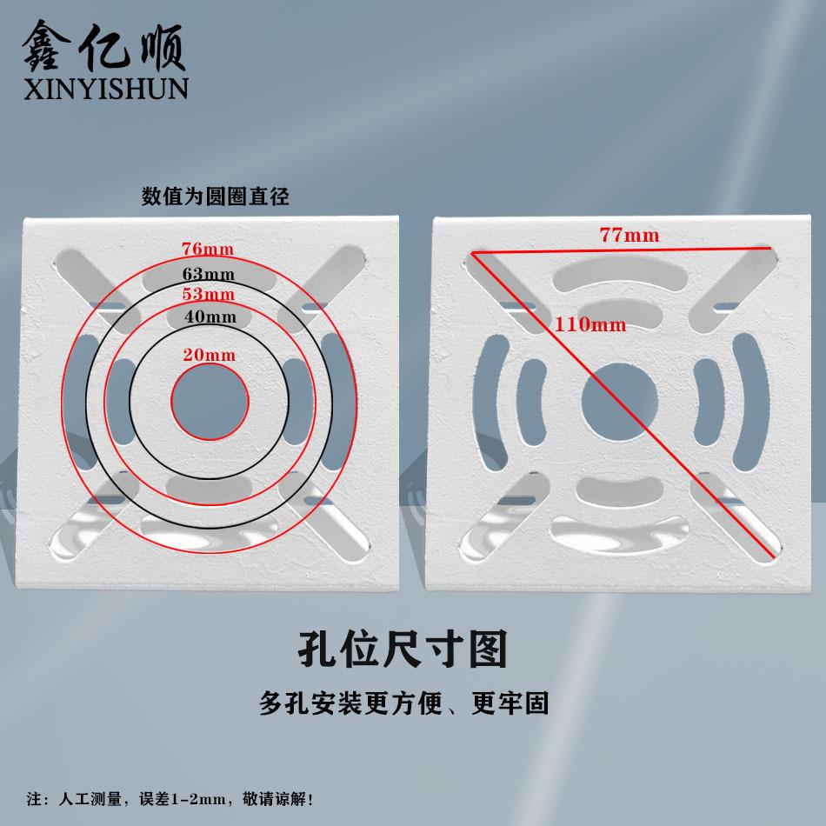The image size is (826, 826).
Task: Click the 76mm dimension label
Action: pyautogui.click(x=208, y=249)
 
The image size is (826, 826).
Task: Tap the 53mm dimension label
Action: pyautogui.click(x=208, y=294)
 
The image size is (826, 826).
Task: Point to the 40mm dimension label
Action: pyautogui.click(x=210, y=316)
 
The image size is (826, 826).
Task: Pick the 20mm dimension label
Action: pyautogui.click(x=209, y=355)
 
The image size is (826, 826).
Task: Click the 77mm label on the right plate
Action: pyautogui.click(x=629, y=235)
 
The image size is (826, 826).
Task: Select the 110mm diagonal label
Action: pyautogui.click(x=589, y=324)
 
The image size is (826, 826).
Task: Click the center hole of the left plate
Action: pyautogui.click(x=209, y=401)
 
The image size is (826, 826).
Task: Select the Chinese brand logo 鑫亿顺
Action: pyautogui.click(x=103, y=45)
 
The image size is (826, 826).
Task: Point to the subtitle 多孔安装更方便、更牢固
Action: pyautogui.click(x=403, y=703)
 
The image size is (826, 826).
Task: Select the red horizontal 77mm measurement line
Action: pyautogui.click(x=623, y=250)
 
